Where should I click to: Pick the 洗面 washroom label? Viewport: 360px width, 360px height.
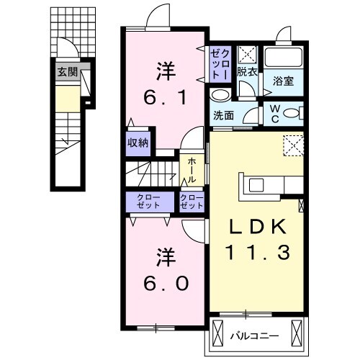(x=222, y=114)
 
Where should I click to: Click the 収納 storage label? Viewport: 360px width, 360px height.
(x=138, y=143)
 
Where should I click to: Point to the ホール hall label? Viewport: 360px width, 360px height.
(x=192, y=170)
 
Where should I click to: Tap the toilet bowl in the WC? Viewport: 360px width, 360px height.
(x=291, y=113)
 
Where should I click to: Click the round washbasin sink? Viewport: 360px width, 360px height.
(x=221, y=94)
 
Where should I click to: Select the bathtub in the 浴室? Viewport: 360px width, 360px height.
(x=283, y=58)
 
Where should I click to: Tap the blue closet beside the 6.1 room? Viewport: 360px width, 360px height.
(x=219, y=64)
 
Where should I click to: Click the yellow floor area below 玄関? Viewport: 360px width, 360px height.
(x=68, y=96)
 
